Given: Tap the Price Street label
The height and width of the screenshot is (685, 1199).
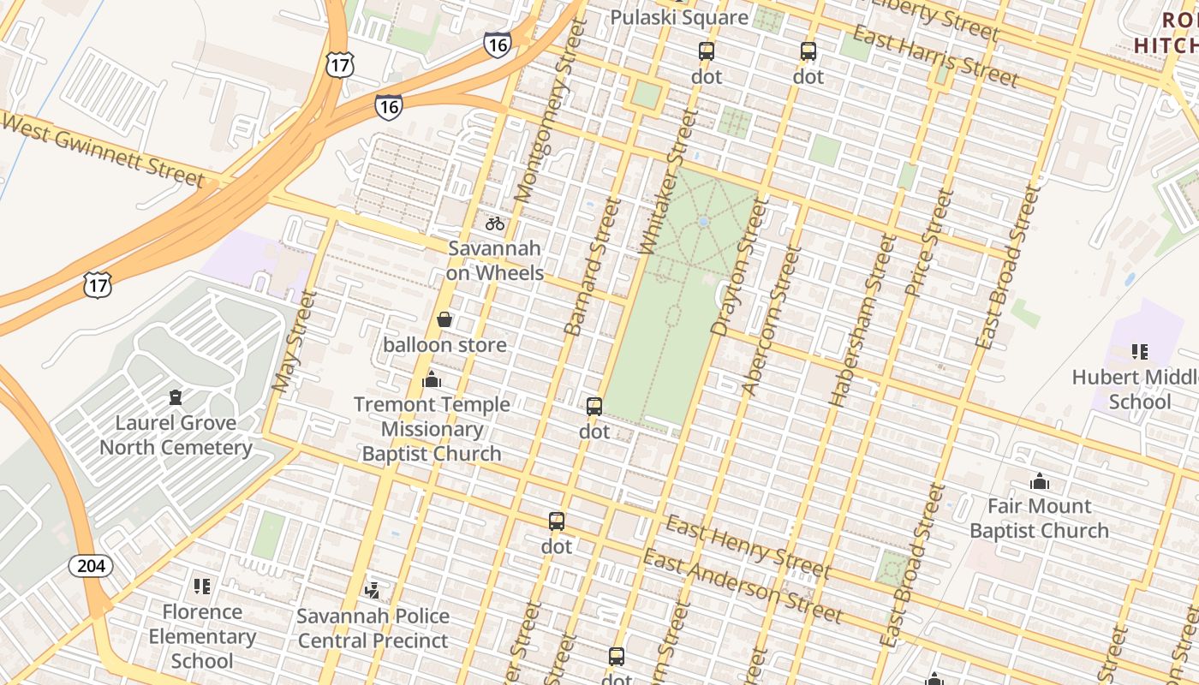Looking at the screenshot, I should point(928,242).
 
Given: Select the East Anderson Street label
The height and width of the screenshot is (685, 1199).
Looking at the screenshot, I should point(742,587).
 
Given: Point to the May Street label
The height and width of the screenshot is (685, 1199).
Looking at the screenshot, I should point(295,342).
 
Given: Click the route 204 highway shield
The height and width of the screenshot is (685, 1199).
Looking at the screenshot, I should point(91,566).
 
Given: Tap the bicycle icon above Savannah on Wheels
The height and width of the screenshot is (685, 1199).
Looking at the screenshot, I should point(495,223).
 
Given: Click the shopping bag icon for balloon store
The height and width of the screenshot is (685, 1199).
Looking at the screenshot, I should point(444,320).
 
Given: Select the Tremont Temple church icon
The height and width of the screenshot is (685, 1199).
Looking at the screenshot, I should point(432,379).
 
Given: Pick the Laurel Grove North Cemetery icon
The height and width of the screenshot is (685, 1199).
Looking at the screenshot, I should point(176,397).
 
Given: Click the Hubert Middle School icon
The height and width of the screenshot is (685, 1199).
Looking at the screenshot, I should point(1139,351).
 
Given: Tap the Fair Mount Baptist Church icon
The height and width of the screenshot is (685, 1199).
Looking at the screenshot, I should point(1039,481).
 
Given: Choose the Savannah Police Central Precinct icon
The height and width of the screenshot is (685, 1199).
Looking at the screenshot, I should point(373,590).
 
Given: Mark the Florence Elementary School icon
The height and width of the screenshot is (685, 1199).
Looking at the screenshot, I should point(202,587).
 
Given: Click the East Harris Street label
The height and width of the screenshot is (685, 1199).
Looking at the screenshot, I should point(935,57).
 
